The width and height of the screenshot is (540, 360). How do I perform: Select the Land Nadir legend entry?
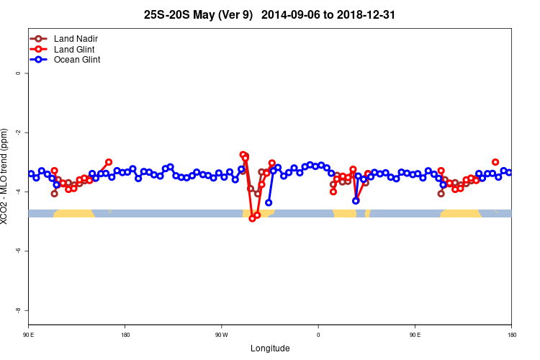point(76,38)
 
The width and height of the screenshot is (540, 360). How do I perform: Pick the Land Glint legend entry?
point(75,49)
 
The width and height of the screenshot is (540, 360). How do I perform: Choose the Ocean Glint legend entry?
point(77,60)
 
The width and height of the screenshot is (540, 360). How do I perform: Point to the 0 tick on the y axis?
point(18,73)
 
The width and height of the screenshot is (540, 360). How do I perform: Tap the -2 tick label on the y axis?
point(18,132)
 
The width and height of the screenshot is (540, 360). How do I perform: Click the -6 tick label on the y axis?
point(18,251)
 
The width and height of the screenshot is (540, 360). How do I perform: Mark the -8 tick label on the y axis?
point(18,310)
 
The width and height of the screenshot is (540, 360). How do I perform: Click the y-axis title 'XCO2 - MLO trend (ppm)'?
point(6,176)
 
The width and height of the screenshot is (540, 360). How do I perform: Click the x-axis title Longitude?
point(270,348)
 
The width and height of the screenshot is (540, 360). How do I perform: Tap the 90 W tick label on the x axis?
point(221,335)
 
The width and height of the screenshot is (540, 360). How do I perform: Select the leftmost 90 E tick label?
point(28,335)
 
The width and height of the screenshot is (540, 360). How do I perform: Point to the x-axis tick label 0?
point(318,335)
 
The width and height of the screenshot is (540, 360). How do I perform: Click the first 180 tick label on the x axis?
point(125,335)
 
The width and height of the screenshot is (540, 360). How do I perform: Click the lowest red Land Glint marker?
point(252,218)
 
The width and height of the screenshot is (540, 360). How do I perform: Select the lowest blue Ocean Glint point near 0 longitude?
point(356,201)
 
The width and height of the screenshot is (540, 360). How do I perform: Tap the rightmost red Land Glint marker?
point(495,162)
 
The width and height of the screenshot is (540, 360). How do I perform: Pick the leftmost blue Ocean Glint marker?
point(31,174)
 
